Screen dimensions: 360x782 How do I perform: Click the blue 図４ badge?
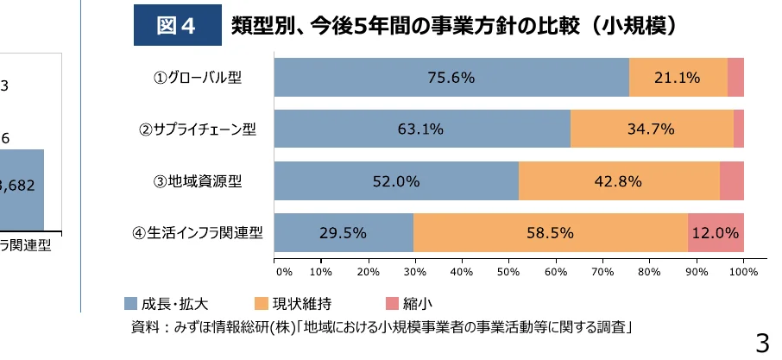point(178,26)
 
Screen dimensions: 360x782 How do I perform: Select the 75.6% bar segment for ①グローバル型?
point(451,78)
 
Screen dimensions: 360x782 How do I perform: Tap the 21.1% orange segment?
point(678,78)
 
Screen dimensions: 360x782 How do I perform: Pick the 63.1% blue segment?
point(421,129)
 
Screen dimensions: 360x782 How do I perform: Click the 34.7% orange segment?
point(652,129)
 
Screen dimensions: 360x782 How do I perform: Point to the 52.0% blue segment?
point(396,181)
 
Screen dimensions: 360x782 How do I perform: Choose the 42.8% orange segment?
point(619,181)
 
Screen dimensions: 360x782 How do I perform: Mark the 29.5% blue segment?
point(344,233)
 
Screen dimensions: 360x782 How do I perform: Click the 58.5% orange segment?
point(550,233)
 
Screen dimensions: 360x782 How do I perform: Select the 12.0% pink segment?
point(716,233)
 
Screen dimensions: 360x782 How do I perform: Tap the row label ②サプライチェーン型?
point(199,129)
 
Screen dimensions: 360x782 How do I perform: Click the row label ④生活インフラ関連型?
point(197,233)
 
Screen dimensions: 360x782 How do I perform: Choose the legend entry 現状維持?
point(293,303)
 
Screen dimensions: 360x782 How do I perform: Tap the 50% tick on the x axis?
point(508,272)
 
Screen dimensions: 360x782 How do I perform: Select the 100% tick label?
point(743,272)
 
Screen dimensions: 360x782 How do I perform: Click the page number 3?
point(761,343)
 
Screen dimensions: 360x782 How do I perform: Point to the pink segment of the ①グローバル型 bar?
point(735,78)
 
